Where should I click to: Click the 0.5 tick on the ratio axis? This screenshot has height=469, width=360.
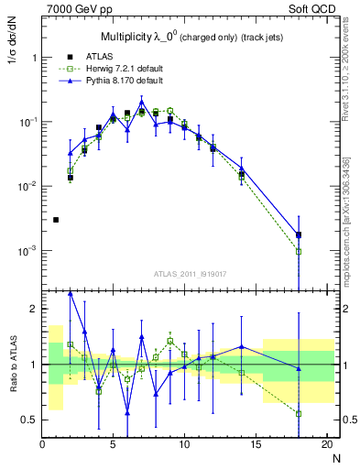(x=29, y=420)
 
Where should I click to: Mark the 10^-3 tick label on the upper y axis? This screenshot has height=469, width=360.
(x=26, y=250)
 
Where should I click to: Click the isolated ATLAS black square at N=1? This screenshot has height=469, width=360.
(x=56, y=220)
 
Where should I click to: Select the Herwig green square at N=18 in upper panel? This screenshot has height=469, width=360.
(x=299, y=251)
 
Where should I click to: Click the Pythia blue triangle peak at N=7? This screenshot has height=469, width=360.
(x=141, y=101)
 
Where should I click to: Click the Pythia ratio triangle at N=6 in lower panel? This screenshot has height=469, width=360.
(x=127, y=413)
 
